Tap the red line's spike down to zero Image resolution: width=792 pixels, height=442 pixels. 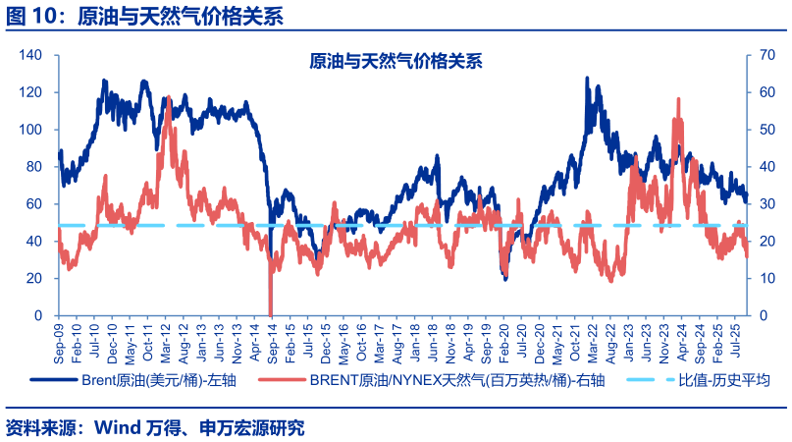click(x=270, y=312)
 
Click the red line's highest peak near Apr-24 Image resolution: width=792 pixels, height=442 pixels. click(x=678, y=99)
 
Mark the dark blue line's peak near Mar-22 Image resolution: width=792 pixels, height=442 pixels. click(x=587, y=78)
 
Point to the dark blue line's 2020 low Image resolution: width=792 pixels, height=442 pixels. click(x=505, y=280)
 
